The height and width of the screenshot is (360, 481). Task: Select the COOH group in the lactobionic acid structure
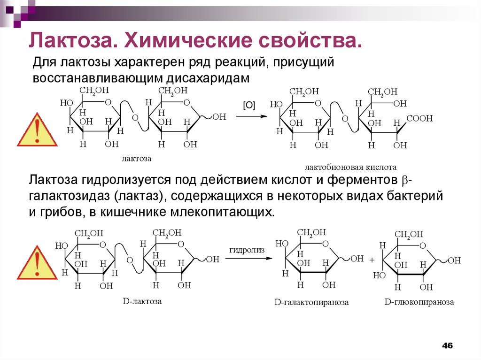click(419, 119)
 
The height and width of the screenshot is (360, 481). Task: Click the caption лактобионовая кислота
click(351, 167)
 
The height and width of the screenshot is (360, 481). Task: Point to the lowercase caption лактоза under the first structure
click(137, 159)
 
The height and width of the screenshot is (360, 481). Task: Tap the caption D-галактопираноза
click(311, 303)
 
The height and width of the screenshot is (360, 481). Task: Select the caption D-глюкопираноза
click(419, 302)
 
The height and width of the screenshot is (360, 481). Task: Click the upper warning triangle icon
click(37, 130)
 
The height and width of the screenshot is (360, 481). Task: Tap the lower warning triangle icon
click(37, 262)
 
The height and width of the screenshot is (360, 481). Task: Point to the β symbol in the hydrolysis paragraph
click(406, 180)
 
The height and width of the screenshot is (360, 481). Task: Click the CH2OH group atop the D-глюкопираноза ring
click(409, 234)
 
